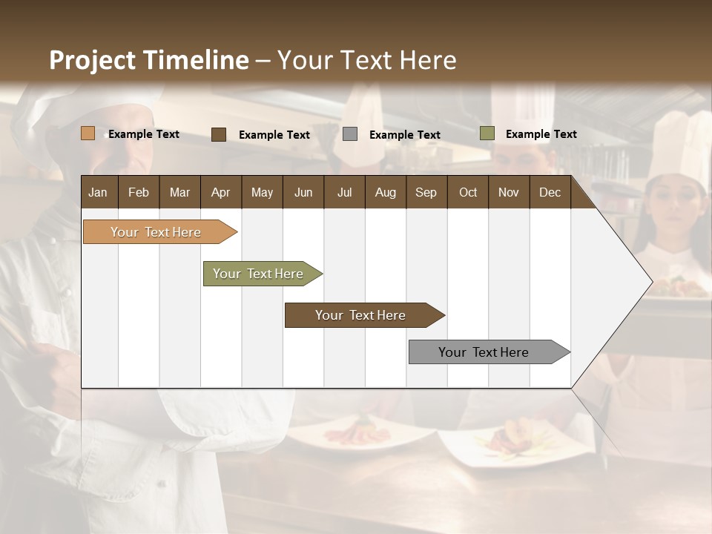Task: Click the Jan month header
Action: pyautogui.click(x=99, y=192)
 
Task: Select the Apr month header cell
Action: pyautogui.click(x=221, y=192)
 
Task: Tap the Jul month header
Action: pyautogui.click(x=344, y=192)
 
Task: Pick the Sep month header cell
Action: pyautogui.click(x=426, y=192)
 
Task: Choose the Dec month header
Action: pyautogui.click(x=550, y=192)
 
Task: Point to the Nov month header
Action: pyautogui.click(x=509, y=192)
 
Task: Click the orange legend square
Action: pyautogui.click(x=88, y=133)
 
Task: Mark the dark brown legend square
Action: pyautogui.click(x=219, y=134)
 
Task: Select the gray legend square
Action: pyautogui.click(x=350, y=134)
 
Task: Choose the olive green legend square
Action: pyautogui.click(x=487, y=133)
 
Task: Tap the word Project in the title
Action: pyautogui.click(x=93, y=60)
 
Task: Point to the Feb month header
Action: pyautogui.click(x=139, y=192)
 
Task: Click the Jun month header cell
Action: pyautogui.click(x=303, y=192)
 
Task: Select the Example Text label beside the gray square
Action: pyautogui.click(x=405, y=135)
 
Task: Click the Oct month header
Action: pyautogui.click(x=468, y=192)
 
